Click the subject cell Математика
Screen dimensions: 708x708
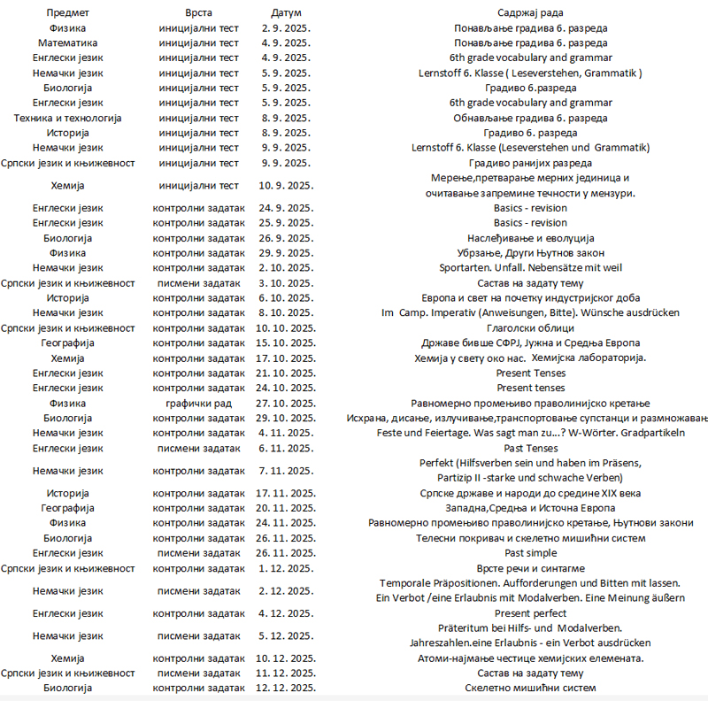pos(67,42)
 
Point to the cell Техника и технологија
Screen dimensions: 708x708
pos(67,118)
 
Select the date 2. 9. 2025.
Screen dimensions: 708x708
pos(286,27)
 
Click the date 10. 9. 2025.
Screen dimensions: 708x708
pos(286,185)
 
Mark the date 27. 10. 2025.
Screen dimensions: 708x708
pos(286,404)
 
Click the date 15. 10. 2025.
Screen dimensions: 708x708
pos(286,343)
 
